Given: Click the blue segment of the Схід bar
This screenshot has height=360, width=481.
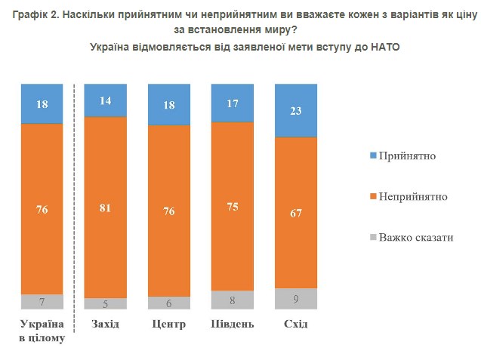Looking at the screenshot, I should tap(295, 110).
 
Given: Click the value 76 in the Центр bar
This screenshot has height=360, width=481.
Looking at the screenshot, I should tap(169, 211).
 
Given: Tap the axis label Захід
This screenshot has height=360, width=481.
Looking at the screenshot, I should tap(105, 325).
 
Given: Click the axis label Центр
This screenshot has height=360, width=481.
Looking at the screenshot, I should tap(169, 325).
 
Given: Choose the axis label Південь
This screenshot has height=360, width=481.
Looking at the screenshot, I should tap(232, 325).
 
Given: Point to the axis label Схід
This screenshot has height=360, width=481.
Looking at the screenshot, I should tap(295, 325).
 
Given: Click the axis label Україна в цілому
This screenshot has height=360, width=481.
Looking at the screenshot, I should tap(42, 331).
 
